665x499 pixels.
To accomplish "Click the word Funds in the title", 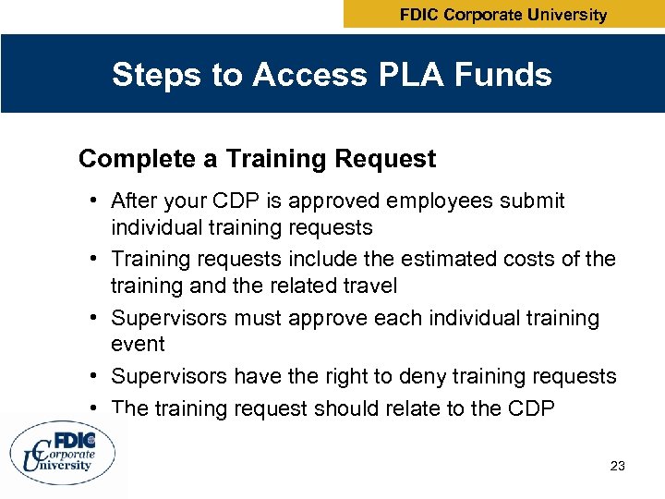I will coord(505,75).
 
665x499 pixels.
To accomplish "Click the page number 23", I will coord(618,467).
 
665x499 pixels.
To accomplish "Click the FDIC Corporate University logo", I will coord(64,452).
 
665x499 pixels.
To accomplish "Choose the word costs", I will coord(529,260).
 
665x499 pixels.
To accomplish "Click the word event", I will coord(138,344).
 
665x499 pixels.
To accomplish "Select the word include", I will coord(325,260).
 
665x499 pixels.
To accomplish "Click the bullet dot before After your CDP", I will coord(95,201).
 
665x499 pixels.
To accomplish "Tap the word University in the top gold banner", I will coord(562,15).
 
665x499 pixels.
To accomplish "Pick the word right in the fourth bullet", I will coord(340,376).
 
